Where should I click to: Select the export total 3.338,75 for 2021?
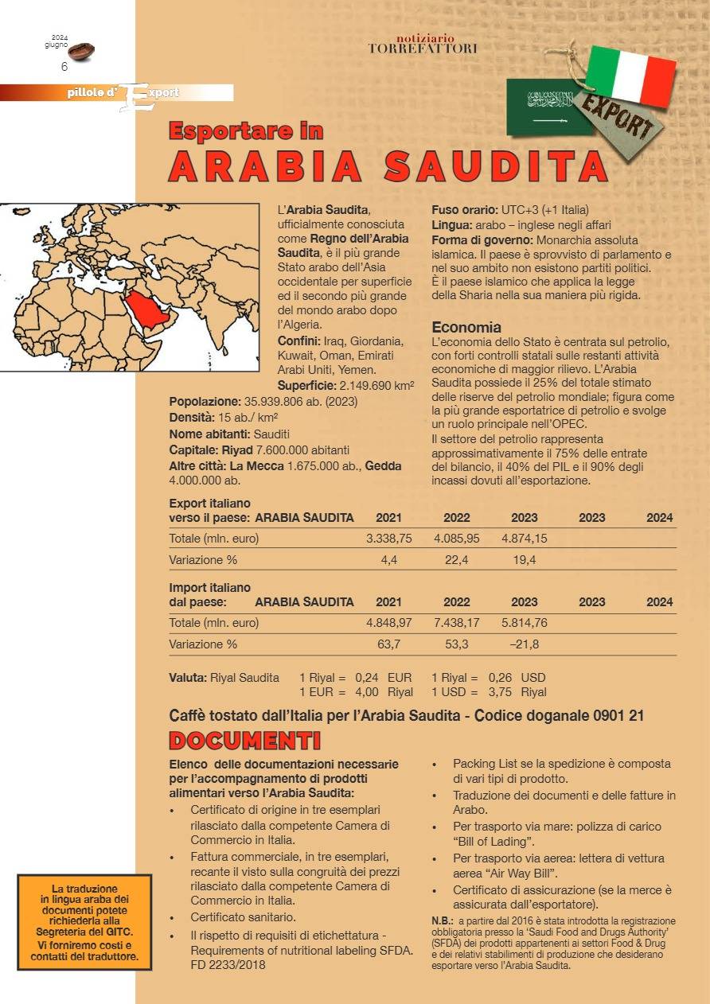[388, 539]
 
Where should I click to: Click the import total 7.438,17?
[457, 623]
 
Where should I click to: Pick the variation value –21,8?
[525, 644]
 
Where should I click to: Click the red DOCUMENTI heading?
[245, 741]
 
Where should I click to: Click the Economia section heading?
[466, 327]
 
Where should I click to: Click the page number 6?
[64, 68]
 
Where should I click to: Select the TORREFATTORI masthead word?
[423, 49]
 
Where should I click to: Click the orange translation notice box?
[84, 922]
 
